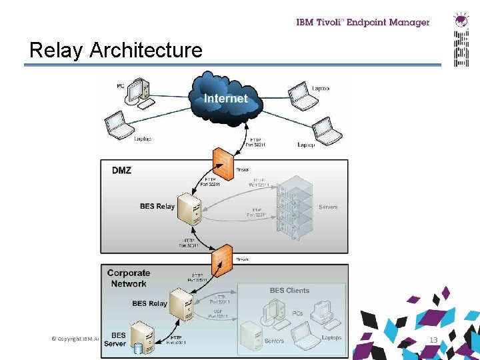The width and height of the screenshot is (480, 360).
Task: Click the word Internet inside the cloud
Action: [x=225, y=99]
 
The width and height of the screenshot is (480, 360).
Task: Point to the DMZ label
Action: [x=121, y=171]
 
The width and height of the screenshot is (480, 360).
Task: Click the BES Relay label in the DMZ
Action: [x=157, y=206]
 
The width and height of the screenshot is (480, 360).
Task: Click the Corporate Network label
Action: [x=128, y=278]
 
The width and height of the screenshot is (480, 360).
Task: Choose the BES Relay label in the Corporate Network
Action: [x=149, y=303]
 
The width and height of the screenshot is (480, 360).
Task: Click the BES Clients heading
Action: [x=289, y=291]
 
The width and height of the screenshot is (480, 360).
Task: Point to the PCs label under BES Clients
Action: [x=297, y=313]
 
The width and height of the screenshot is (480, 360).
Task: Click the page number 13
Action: [x=433, y=340]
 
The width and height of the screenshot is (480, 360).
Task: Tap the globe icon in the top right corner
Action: [x=461, y=19]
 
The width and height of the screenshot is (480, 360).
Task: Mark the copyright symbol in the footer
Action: [x=53, y=339]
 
